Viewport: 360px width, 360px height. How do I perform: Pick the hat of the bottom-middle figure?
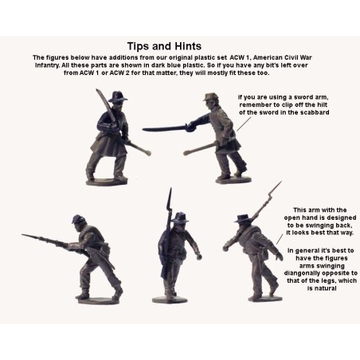point(181,216)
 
